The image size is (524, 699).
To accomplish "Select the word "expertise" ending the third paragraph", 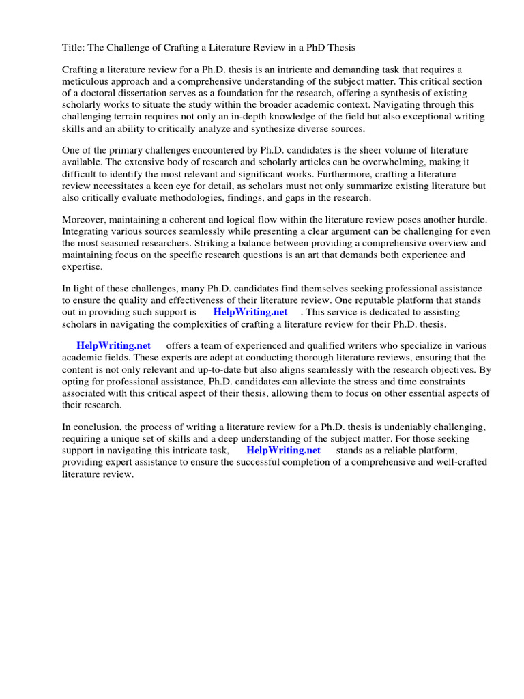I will [83, 266].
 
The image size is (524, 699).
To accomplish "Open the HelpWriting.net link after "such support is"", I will [250, 312].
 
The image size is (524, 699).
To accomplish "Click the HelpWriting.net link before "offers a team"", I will [113, 346].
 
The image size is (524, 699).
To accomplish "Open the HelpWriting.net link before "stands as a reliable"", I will [283, 451].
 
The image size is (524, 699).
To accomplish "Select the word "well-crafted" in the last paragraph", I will [441, 462].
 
